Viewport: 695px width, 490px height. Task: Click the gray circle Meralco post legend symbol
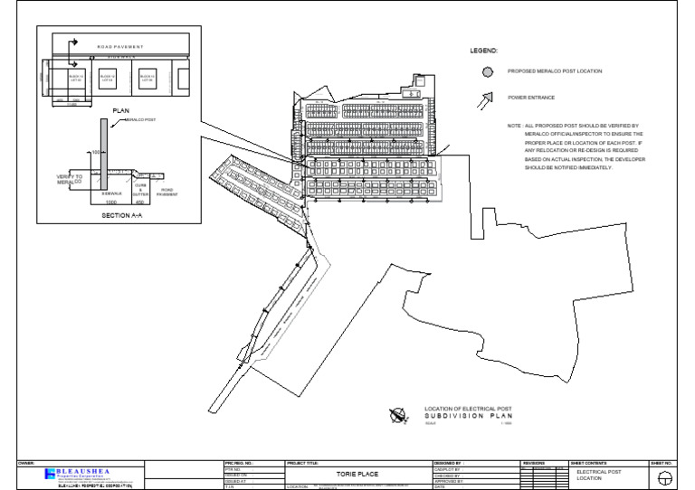coord(488,71)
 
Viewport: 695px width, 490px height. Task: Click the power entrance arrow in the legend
coord(488,98)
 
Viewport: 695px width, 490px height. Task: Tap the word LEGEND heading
coord(483,51)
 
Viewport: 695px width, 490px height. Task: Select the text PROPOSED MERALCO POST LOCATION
coord(554,71)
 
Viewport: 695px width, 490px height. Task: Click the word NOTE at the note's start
coord(514,126)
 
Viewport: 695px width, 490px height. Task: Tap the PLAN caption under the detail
coord(121,110)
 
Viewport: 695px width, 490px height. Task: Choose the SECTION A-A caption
coord(121,216)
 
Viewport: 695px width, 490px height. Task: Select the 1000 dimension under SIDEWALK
coord(110,203)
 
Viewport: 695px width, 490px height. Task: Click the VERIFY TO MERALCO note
coord(69,179)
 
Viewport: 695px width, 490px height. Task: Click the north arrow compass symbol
coord(397,416)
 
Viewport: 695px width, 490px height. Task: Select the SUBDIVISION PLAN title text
coord(462,418)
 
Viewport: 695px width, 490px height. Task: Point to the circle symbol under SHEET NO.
coord(666,476)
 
